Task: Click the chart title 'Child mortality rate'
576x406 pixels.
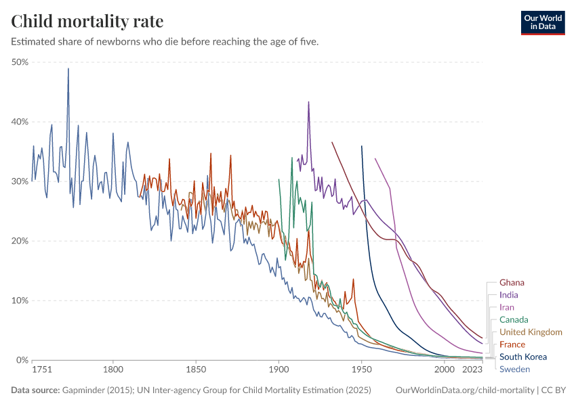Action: [x=87, y=21]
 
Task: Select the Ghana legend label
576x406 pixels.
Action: [x=512, y=283]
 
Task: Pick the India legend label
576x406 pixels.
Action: [x=509, y=295]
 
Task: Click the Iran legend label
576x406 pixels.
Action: [x=507, y=307]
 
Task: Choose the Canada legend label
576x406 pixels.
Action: [x=514, y=319]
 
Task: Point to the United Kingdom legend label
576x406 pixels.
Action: [x=531, y=332]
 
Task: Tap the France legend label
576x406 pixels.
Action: [x=512, y=344]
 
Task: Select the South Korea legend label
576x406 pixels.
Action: [x=522, y=357]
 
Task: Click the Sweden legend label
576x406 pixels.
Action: [x=514, y=369]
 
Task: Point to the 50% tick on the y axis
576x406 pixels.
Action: [x=19, y=62]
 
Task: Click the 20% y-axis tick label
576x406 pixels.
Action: [x=19, y=241]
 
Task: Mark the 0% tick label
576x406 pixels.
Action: [x=22, y=360]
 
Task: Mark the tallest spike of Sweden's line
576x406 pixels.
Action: [x=68, y=68]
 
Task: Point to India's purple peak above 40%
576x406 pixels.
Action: [x=308, y=102]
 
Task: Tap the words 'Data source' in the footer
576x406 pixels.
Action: [x=34, y=390]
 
